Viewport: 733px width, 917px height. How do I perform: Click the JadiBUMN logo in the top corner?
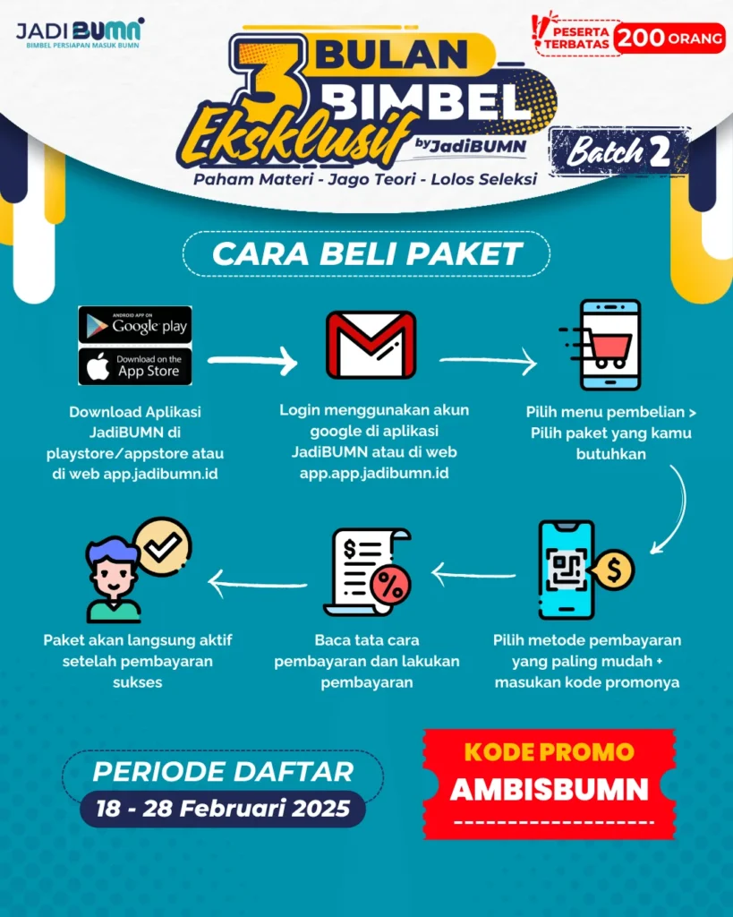pyautogui.click(x=80, y=33)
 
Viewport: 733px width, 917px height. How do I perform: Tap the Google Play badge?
pyautogui.click(x=135, y=324)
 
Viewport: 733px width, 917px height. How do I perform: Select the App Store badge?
pyautogui.click(x=135, y=366)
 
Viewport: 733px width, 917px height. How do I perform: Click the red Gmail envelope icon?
pyautogui.click(x=371, y=345)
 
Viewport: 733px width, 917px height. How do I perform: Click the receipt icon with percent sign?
pyautogui.click(x=368, y=573)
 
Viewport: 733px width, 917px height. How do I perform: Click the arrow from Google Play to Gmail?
pyautogui.click(x=252, y=361)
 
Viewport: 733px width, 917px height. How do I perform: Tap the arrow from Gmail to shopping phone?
pyautogui.click(x=488, y=363)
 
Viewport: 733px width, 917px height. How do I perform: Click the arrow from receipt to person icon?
pyautogui.click(x=258, y=585)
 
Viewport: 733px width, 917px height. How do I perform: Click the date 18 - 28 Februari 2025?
pyautogui.click(x=223, y=809)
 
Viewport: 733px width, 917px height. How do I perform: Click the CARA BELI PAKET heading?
pyautogui.click(x=367, y=253)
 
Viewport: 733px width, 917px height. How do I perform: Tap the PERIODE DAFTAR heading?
pyautogui.click(x=224, y=771)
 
